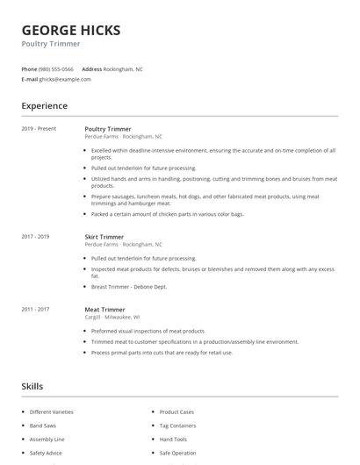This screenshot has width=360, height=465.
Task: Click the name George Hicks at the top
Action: click(x=71, y=30)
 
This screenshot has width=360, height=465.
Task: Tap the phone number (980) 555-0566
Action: click(x=57, y=68)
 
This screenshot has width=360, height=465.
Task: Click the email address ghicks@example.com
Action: click(x=65, y=79)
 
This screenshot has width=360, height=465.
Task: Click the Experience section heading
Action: click(x=45, y=106)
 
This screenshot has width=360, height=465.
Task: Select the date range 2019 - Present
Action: click(x=39, y=129)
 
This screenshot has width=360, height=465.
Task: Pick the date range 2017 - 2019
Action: click(x=35, y=237)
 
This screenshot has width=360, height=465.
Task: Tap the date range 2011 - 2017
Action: click(x=35, y=309)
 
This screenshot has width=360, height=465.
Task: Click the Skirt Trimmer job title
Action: click(x=104, y=237)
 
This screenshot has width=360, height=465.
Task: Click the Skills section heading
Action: click(x=32, y=386)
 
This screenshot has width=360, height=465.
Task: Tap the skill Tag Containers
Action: click(x=178, y=426)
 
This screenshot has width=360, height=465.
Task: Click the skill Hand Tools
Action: click(x=173, y=439)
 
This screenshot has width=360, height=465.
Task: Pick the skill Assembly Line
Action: click(x=47, y=439)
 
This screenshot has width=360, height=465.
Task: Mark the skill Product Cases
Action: click(x=176, y=411)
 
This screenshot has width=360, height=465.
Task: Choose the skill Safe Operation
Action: click(x=178, y=453)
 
